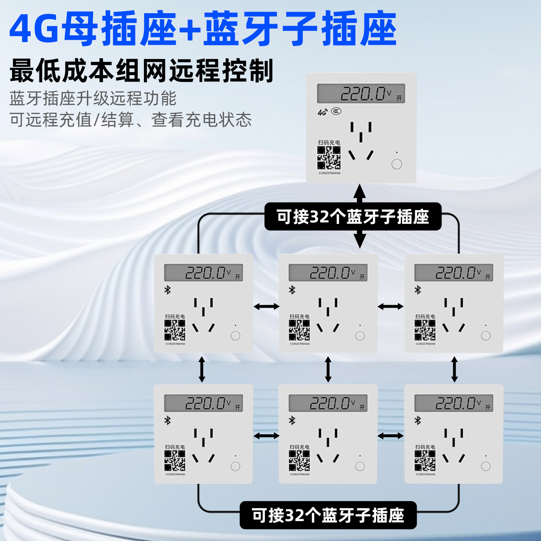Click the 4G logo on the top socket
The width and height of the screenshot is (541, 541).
322,112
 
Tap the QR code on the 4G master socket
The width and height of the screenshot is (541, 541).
329,158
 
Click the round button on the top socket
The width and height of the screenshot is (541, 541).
396,164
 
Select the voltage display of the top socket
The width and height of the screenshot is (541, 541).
361,93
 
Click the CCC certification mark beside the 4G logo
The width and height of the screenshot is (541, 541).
336,111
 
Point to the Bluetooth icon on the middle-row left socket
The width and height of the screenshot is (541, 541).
168,290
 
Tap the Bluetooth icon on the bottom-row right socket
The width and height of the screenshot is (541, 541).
418,420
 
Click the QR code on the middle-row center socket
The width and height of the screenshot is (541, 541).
299,330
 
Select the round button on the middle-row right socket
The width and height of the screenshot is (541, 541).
485,336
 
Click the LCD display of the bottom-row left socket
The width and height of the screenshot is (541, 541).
203,403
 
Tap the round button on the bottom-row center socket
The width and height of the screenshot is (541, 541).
360,466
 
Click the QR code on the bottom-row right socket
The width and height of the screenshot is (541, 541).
425,461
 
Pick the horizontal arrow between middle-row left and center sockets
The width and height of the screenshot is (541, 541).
266,307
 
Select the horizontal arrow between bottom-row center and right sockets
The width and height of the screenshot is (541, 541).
391,436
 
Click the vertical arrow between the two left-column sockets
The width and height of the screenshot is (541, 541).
202,369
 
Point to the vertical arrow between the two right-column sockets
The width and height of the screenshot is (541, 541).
454,369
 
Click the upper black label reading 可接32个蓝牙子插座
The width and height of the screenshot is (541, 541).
353,217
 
